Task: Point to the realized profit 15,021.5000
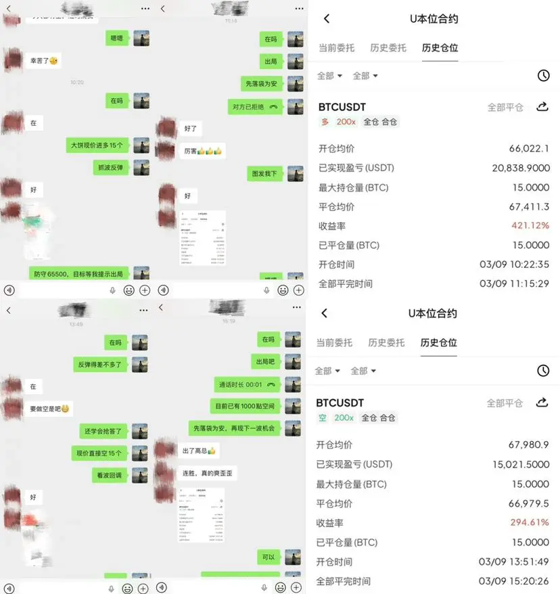click(x=521, y=464)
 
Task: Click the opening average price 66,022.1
click(x=529, y=148)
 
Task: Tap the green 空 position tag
click(x=323, y=417)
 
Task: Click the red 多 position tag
click(x=325, y=122)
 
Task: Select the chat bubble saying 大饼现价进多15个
click(x=97, y=145)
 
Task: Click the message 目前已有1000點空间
click(x=244, y=406)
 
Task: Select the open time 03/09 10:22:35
click(x=514, y=265)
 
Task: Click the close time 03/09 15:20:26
click(x=514, y=581)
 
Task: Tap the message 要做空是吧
click(x=50, y=409)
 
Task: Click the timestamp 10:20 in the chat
click(x=76, y=83)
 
